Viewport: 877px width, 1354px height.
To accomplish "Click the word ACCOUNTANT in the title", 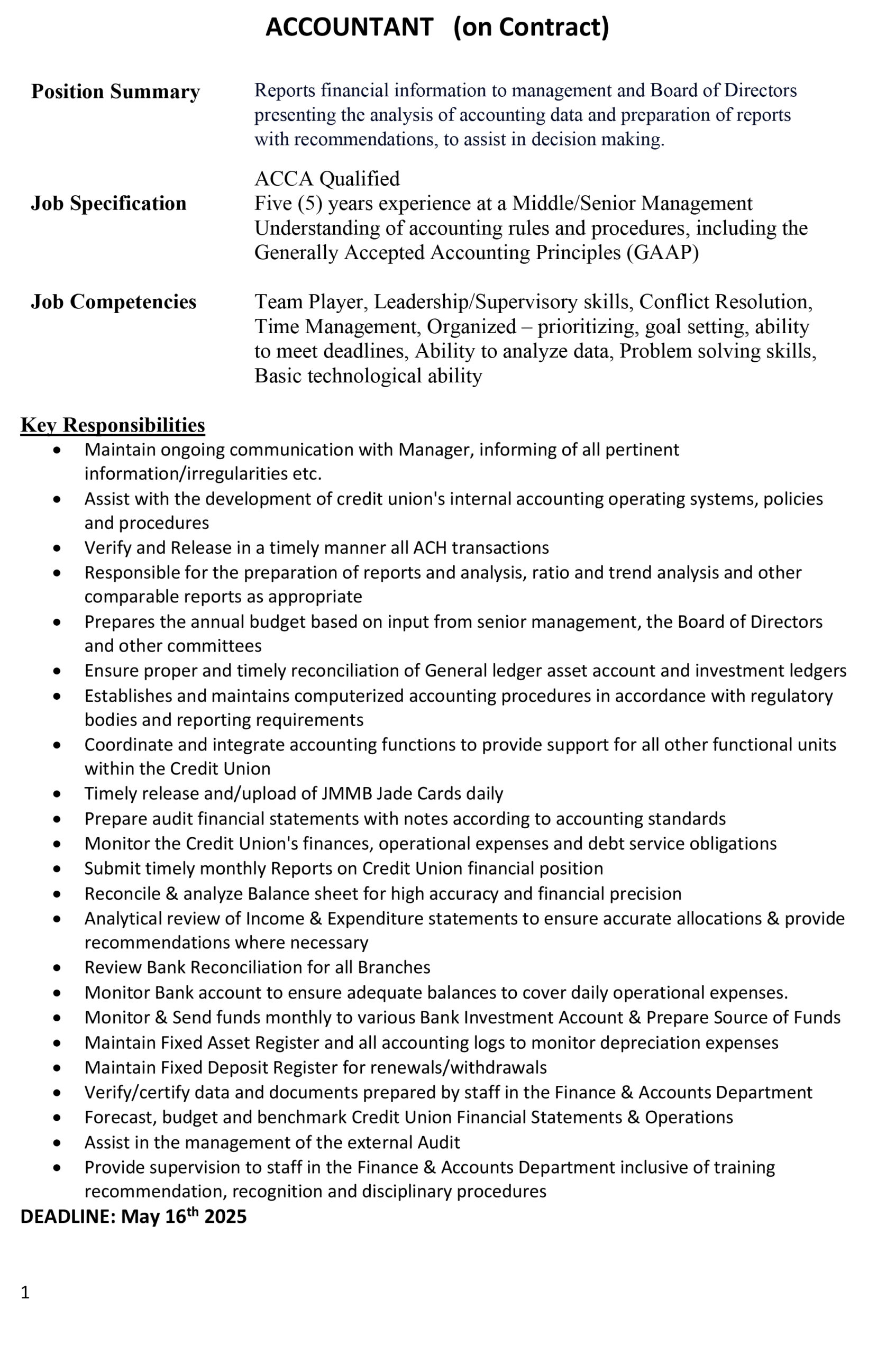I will (349, 28).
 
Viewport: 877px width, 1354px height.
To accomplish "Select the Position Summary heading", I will (115, 92).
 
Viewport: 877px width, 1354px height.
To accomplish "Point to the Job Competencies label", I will (113, 301).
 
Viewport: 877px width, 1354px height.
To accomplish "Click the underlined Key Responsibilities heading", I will (113, 425).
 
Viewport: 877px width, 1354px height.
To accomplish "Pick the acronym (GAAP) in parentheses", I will (662, 252).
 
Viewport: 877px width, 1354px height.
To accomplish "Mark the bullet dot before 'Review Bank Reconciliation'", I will (57, 968).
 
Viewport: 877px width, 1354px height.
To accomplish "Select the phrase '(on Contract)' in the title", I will (531, 28).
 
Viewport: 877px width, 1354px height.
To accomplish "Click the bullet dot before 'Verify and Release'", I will (57, 548).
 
